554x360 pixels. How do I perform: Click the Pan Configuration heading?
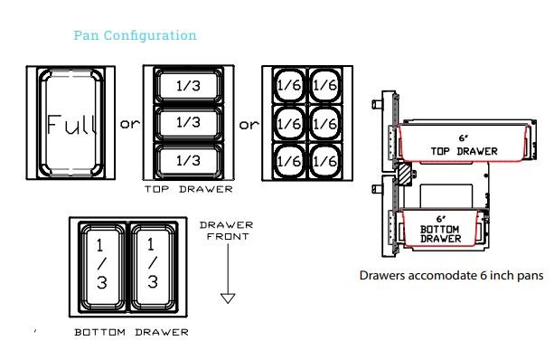(135, 35)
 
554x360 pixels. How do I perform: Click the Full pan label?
(71, 124)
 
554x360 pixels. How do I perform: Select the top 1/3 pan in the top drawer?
(188, 85)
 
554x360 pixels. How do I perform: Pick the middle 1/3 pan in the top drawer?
(188, 122)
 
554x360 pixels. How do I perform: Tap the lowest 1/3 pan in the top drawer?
(188, 160)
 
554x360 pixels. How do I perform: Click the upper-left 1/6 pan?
(289, 85)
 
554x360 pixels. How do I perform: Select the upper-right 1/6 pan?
(325, 85)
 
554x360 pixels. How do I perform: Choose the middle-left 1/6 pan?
(289, 123)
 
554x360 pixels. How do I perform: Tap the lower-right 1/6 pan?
(325, 161)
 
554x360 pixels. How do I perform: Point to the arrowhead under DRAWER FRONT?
(228, 298)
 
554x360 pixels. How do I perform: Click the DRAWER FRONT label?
(227, 231)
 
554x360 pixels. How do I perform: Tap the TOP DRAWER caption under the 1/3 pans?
(188, 189)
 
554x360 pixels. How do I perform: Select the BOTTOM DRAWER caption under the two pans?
(131, 333)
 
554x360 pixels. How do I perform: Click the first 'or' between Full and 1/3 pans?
(130, 124)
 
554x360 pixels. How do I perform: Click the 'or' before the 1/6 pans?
(249, 125)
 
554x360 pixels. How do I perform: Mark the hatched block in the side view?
(405, 174)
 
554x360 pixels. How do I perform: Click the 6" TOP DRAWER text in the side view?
(464, 145)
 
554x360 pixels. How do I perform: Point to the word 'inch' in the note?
(501, 275)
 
